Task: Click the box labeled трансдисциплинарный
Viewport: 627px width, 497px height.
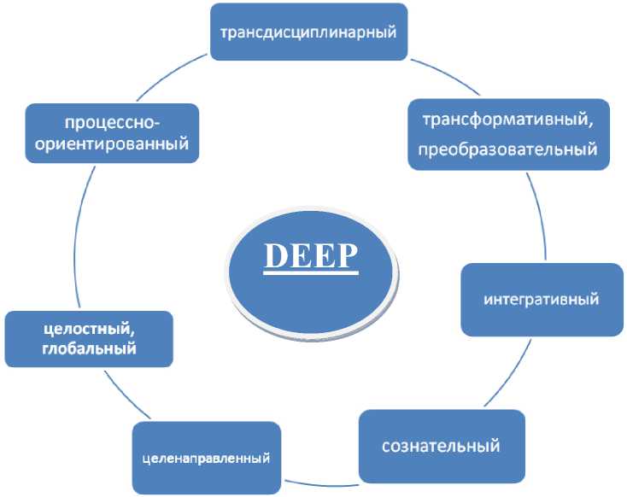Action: [308, 32]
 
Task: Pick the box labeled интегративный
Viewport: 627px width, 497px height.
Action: [541, 300]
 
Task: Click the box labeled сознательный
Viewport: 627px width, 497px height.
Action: [440, 446]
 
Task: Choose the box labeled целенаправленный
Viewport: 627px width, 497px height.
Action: [206, 458]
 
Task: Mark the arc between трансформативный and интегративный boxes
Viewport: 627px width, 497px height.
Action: [533, 213]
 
